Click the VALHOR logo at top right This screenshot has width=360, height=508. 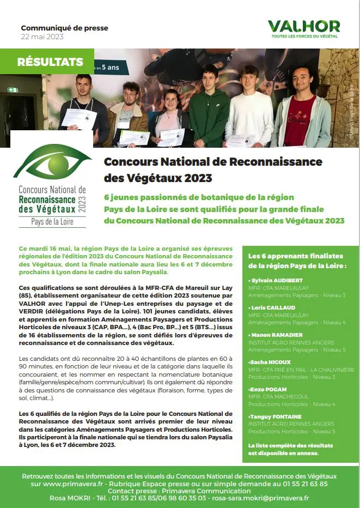[304, 26]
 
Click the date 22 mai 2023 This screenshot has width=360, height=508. [42, 37]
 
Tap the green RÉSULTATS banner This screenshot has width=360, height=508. [50, 62]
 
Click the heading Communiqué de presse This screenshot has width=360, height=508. [64, 28]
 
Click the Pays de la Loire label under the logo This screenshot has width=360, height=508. [52, 222]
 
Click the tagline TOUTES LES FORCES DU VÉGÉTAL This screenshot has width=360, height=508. [304, 37]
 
